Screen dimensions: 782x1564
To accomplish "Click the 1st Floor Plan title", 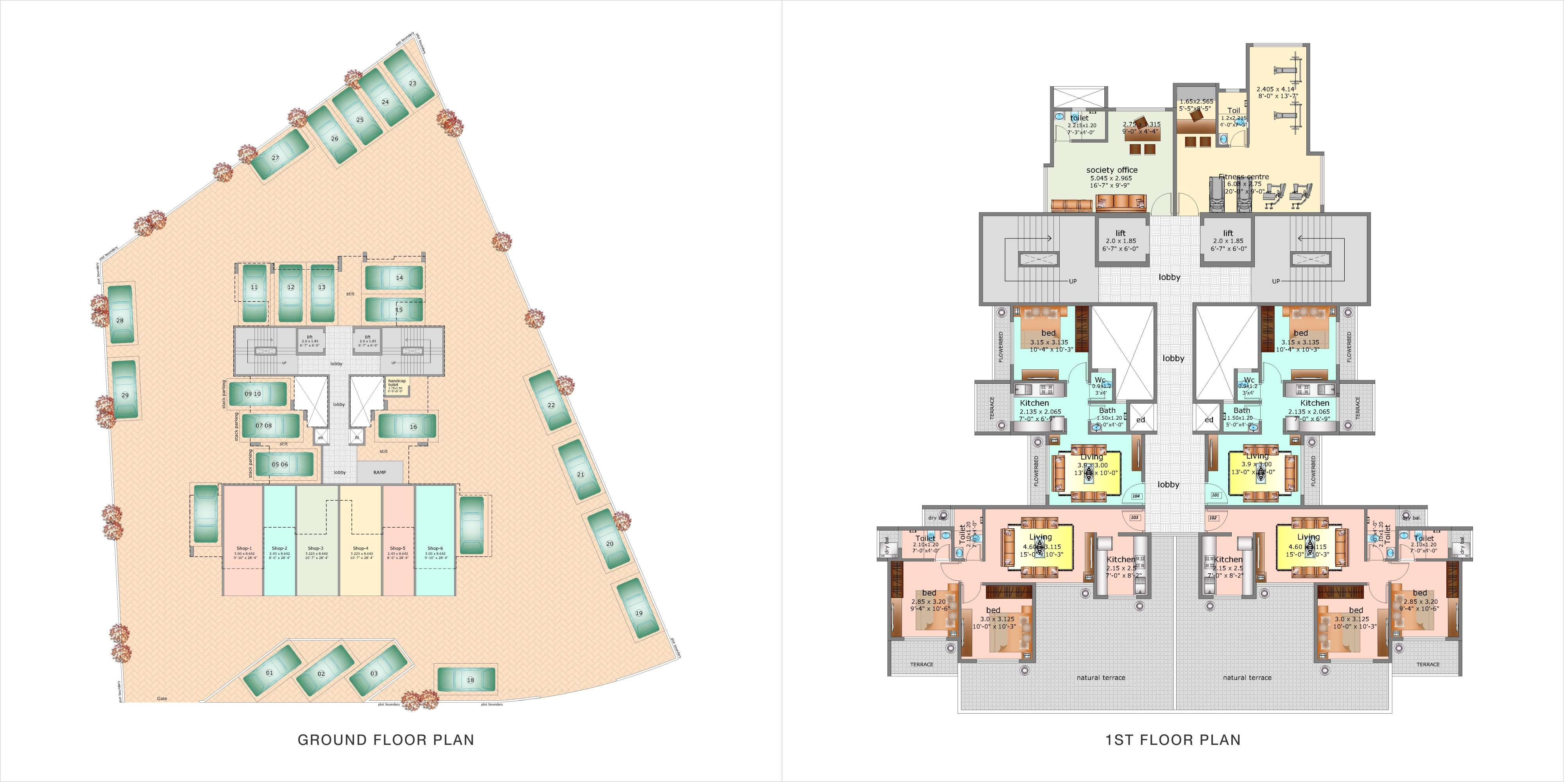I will (x=1173, y=739).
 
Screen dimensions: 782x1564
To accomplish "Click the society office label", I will (x=1112, y=170).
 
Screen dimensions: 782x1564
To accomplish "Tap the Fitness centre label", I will (x=1243, y=177).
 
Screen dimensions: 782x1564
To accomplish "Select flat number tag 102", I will (x=1213, y=518).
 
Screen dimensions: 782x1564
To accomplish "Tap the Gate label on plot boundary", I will (x=162, y=699).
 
